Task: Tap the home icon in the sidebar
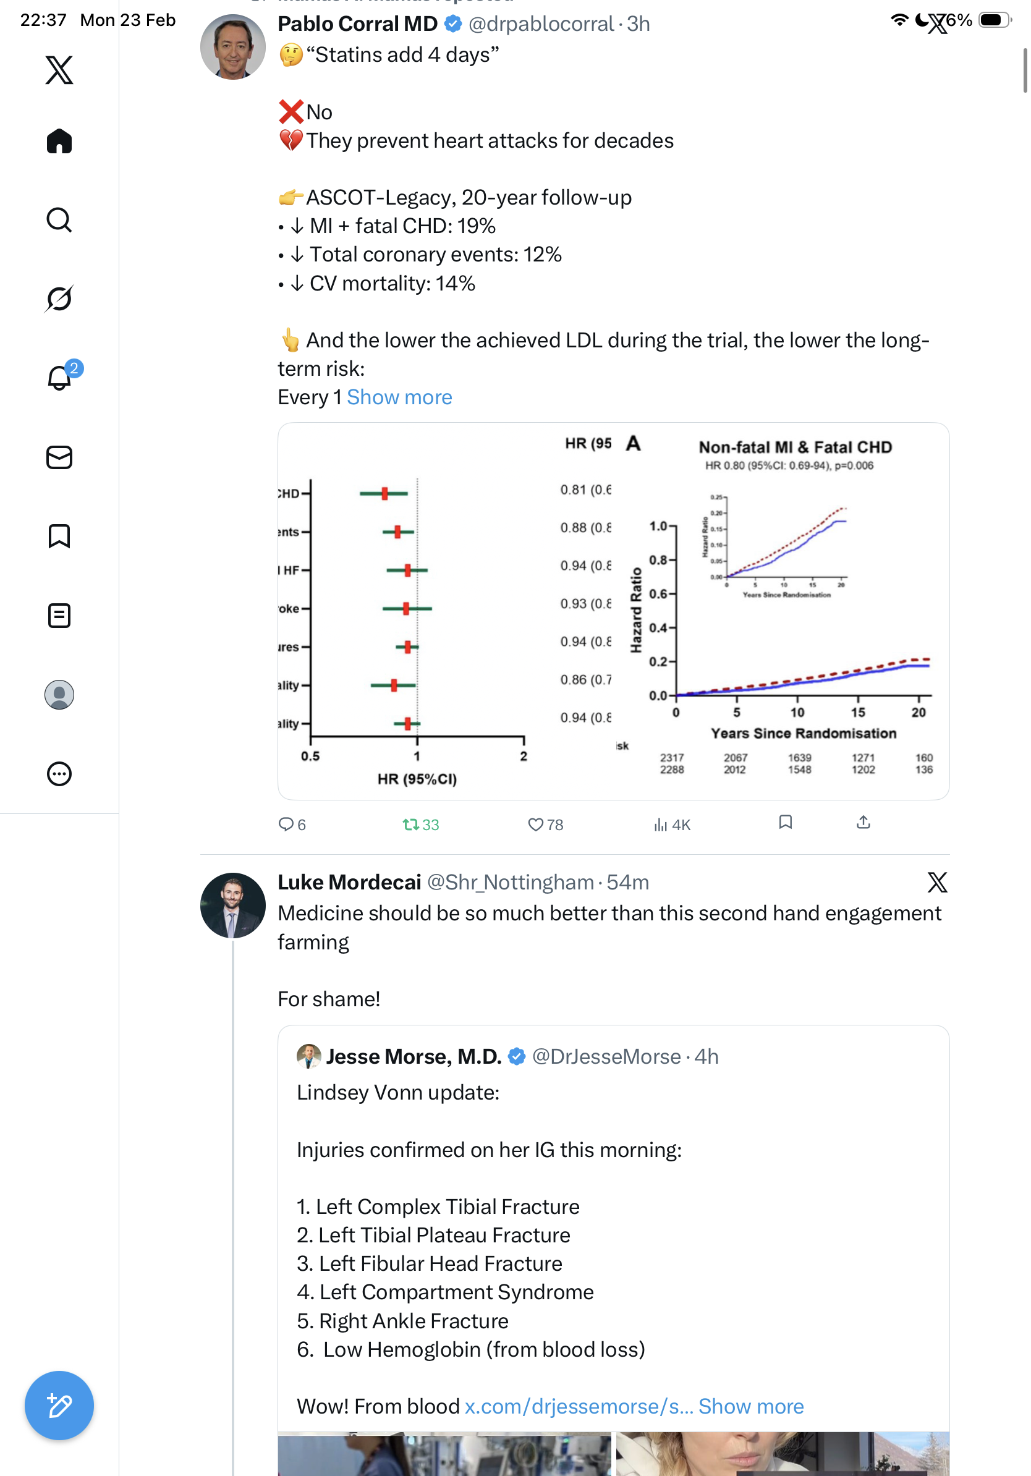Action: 59,142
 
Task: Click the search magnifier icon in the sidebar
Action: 59,220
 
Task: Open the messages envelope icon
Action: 59,457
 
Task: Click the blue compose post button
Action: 59,1406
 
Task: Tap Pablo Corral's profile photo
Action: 232,47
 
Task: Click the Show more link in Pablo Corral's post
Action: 399,397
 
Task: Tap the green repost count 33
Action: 421,824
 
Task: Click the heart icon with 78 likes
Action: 535,824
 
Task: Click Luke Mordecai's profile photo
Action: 232,904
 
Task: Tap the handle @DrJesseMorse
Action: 606,1056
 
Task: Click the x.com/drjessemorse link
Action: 579,1406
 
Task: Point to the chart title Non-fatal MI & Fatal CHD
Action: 795,447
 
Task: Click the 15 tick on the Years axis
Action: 857,712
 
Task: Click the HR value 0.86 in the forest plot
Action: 574,679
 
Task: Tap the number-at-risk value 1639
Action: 800,758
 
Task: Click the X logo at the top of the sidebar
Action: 59,69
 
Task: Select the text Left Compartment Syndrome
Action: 456,1292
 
